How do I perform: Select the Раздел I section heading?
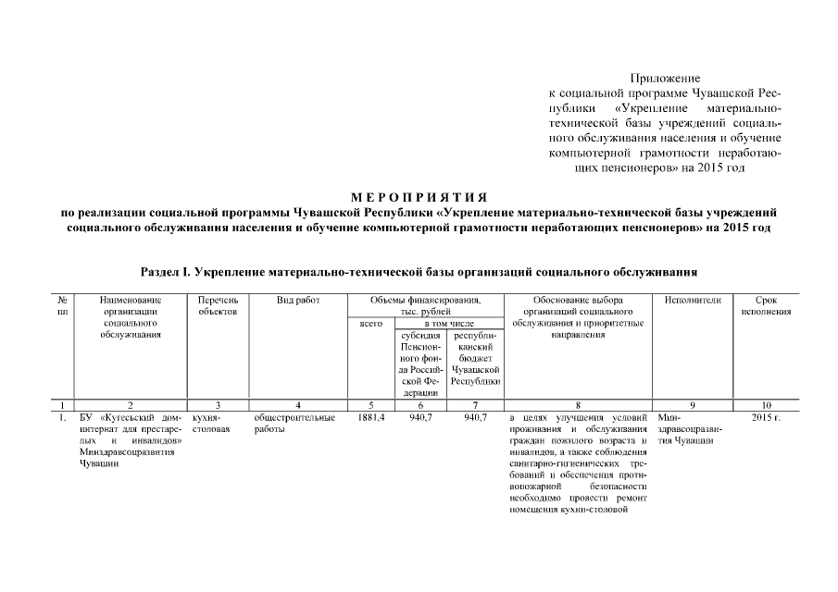click(x=419, y=274)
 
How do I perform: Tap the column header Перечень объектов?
click(x=218, y=306)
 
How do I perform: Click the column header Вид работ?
click(x=297, y=301)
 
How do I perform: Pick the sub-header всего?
click(x=369, y=324)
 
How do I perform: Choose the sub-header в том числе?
click(x=449, y=324)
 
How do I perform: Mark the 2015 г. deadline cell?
click(x=766, y=418)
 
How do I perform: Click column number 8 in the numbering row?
click(x=578, y=405)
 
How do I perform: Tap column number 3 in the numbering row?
click(x=218, y=405)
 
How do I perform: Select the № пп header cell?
click(x=61, y=306)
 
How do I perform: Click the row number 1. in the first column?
click(x=61, y=418)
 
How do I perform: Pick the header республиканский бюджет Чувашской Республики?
click(x=475, y=358)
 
